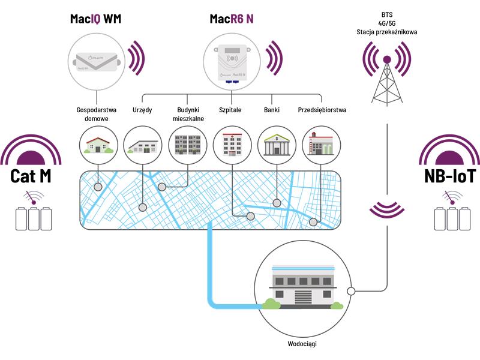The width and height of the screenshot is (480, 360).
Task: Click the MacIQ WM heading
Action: point(95,19)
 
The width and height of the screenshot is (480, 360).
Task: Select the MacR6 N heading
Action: point(232,19)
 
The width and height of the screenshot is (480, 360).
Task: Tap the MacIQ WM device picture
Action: point(97,62)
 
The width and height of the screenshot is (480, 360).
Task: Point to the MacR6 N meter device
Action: point(232,64)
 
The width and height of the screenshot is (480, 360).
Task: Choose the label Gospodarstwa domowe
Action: point(97,114)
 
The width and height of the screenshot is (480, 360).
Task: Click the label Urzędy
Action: point(142,110)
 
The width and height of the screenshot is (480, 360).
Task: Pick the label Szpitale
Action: point(230,110)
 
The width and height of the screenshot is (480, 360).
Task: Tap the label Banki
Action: point(272,110)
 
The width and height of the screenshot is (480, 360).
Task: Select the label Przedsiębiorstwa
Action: point(322,110)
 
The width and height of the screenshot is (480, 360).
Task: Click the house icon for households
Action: point(98,145)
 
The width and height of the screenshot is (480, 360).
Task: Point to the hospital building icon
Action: point(232,144)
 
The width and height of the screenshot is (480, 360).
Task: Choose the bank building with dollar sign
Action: point(277,145)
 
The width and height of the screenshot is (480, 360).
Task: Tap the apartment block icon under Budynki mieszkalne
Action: point(188,145)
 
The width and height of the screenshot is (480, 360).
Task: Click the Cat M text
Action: point(31,176)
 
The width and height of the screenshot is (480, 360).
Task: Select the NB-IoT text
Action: point(449,176)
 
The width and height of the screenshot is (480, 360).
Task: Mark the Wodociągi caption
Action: point(302,344)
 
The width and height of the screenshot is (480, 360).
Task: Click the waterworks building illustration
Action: point(303,287)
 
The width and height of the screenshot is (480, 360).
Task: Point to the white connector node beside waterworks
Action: point(351,291)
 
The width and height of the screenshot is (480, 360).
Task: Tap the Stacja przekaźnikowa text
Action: point(386,32)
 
